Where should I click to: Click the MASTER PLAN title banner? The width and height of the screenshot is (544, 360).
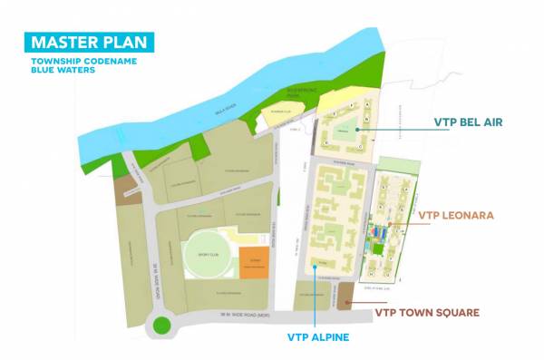tap(89, 42)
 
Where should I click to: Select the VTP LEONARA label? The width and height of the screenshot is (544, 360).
tap(455, 216)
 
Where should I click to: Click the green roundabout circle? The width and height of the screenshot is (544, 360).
tap(162, 325)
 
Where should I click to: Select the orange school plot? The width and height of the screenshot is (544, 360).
tap(255, 263)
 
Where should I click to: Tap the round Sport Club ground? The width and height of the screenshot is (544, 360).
tap(209, 253)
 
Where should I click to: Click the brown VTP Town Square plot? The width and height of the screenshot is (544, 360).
tap(345, 295)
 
